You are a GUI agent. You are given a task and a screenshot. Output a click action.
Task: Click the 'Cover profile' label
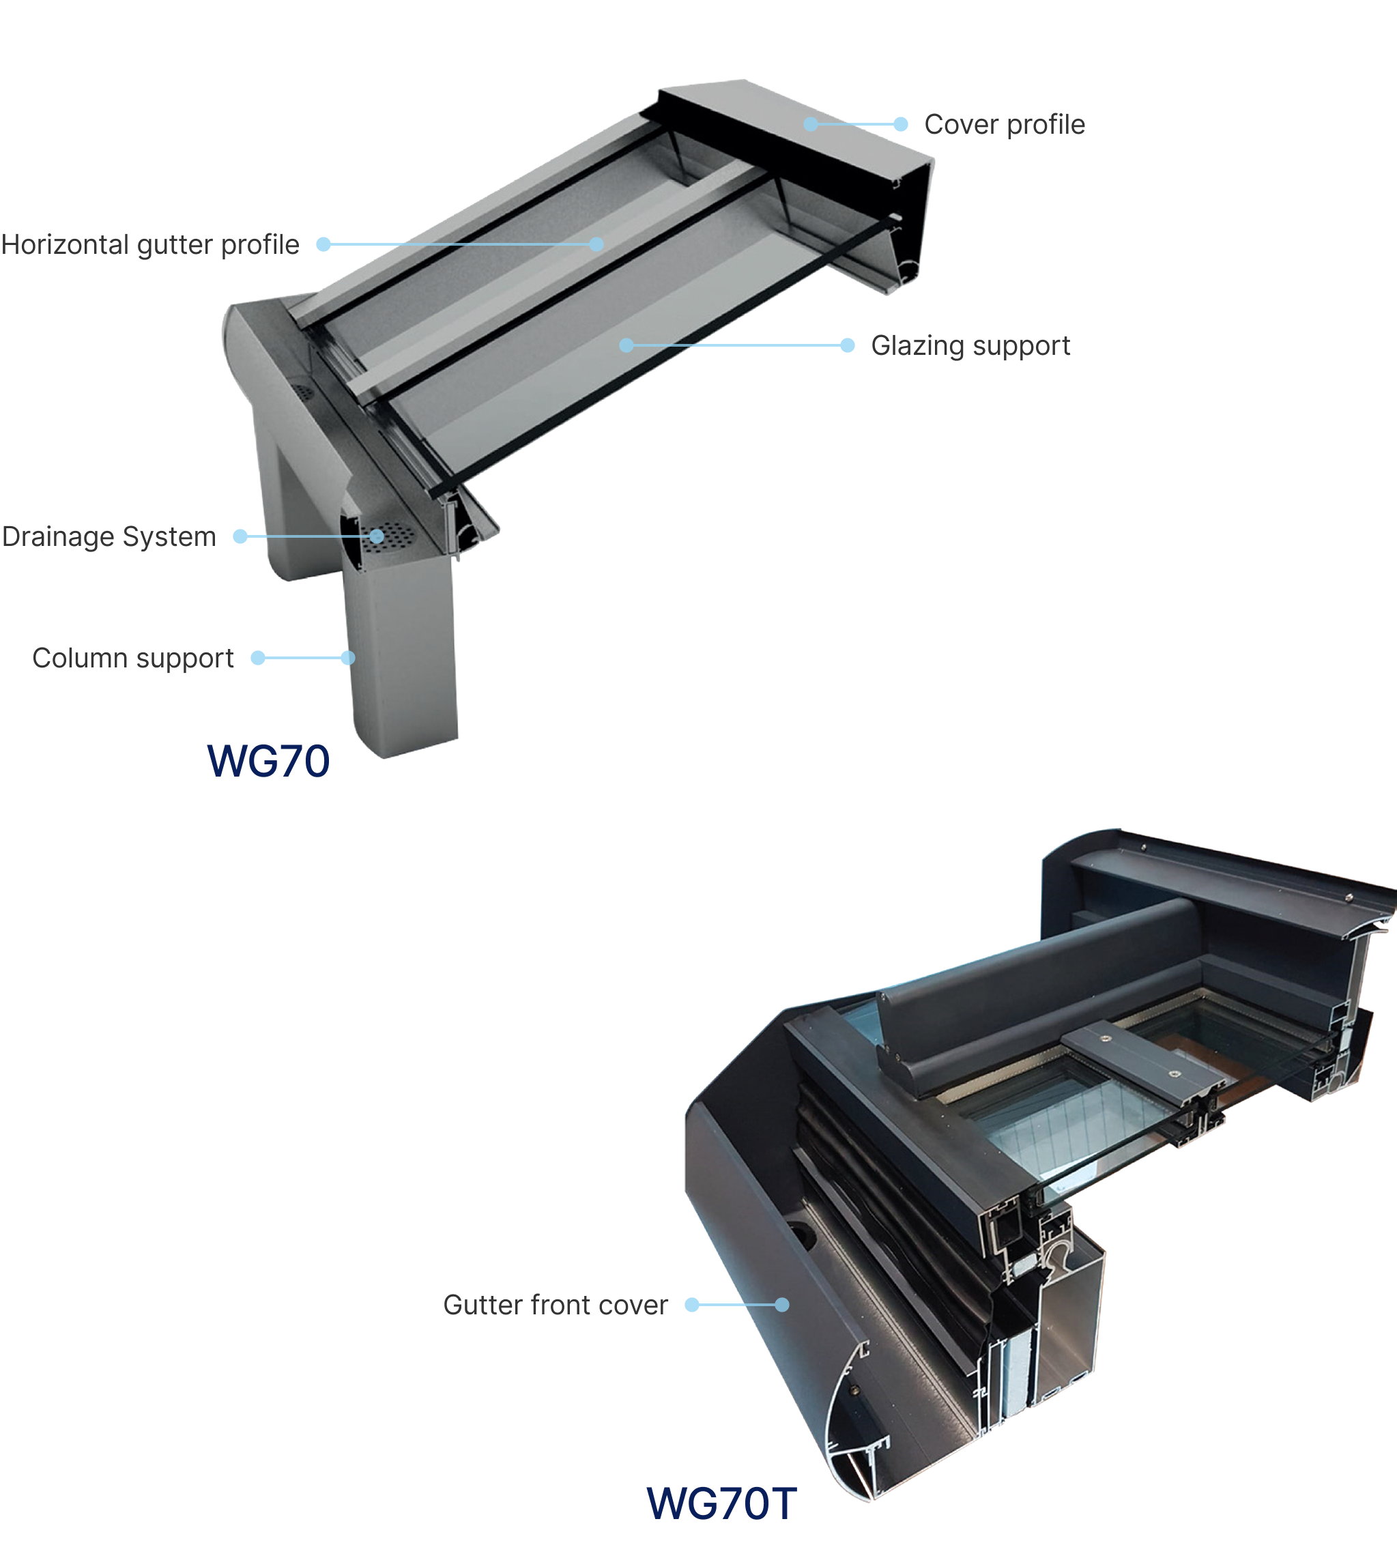point(1004,124)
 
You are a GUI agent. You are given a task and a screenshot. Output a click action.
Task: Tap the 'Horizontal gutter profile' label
point(150,244)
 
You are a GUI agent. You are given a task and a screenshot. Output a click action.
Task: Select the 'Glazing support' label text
point(970,345)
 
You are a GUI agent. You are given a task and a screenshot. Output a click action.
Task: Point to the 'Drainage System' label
point(109,536)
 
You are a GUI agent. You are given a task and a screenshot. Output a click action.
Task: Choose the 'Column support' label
point(132,659)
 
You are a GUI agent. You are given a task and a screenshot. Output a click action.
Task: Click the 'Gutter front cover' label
point(555,1304)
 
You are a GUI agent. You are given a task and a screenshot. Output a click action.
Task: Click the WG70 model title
point(268,761)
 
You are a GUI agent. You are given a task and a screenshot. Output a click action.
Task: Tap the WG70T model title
point(721,1503)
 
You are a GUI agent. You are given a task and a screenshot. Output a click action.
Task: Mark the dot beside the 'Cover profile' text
point(902,124)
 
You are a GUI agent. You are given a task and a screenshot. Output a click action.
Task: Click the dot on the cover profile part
point(811,124)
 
